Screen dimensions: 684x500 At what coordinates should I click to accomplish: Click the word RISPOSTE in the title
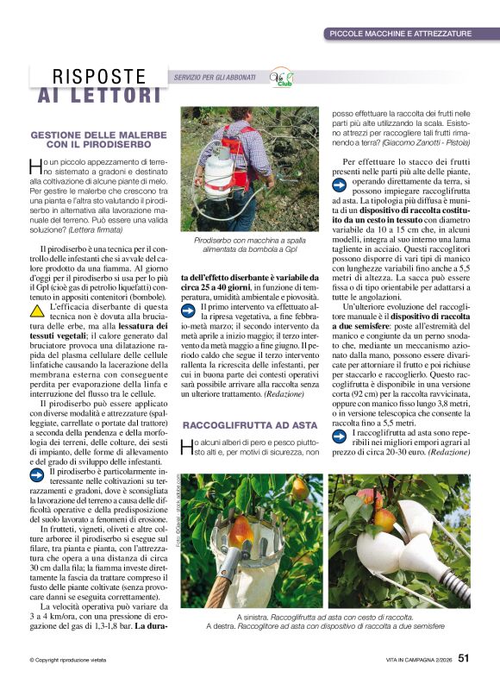[99, 77]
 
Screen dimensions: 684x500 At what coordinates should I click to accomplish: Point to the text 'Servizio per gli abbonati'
[215, 78]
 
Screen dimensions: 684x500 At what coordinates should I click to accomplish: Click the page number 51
[464, 658]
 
